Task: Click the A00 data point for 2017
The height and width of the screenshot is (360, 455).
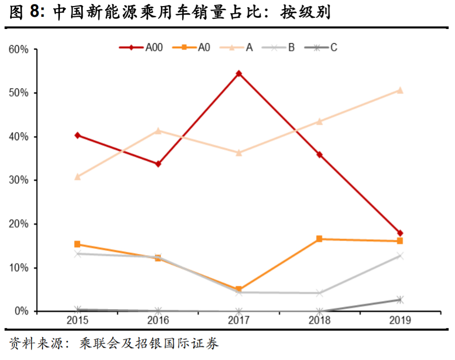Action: point(239,74)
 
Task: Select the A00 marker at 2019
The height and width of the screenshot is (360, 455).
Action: point(400,233)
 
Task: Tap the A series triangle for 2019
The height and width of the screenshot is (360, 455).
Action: point(400,90)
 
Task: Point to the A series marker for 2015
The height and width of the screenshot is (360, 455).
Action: point(78,177)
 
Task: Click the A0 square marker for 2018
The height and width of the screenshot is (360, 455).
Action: point(320,239)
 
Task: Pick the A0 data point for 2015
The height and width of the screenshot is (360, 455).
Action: point(78,244)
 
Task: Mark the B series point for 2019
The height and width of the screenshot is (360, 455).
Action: point(400,256)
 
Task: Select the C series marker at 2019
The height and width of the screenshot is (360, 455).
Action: point(400,300)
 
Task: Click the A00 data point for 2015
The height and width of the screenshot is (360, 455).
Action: point(78,135)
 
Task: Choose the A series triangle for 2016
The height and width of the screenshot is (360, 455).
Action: point(158,131)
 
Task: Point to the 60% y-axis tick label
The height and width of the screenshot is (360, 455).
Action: point(18,50)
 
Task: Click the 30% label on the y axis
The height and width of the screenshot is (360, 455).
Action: point(18,180)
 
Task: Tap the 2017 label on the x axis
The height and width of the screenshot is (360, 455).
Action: point(239,320)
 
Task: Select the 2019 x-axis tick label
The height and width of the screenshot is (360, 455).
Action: point(400,320)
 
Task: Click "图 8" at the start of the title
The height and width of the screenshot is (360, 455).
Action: point(24,13)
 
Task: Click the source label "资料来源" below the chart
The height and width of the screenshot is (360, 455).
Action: point(31,344)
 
